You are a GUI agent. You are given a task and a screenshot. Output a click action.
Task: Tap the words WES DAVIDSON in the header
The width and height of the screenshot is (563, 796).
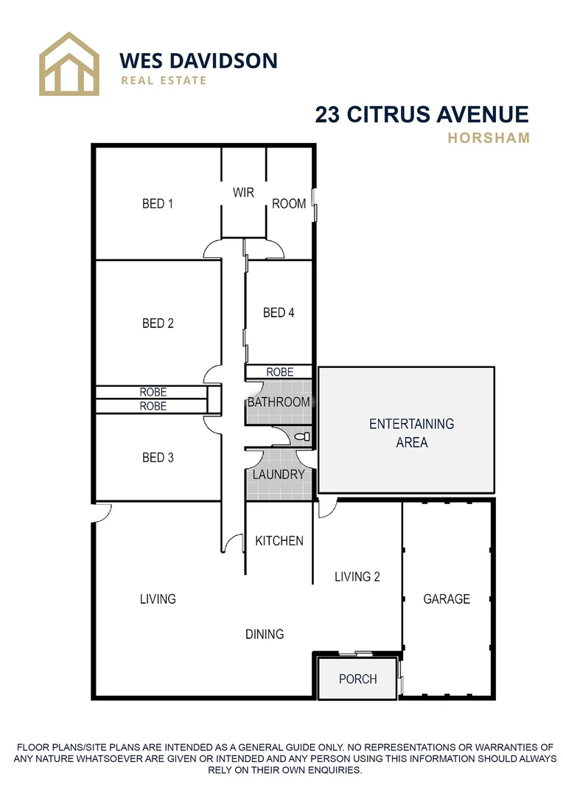point(198,60)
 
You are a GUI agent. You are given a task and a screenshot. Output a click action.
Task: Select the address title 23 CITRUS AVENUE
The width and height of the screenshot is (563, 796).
point(422,114)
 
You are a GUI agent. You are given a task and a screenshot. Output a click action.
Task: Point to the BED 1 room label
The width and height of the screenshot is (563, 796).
point(158,203)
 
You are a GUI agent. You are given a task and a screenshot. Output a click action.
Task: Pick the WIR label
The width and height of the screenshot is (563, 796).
point(243,192)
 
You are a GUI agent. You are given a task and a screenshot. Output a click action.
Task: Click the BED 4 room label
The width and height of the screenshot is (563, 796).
point(279,313)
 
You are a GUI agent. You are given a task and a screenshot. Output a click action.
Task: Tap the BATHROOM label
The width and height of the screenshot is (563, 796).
point(279,402)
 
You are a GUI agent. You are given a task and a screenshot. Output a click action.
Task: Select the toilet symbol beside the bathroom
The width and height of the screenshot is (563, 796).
point(302,437)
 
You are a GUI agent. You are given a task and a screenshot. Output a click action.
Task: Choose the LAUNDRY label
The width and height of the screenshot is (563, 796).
point(279,475)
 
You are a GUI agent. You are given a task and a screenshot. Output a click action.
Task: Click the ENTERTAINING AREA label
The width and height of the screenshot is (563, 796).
point(411,433)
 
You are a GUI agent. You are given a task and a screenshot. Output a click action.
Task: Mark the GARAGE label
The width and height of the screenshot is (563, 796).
point(447,599)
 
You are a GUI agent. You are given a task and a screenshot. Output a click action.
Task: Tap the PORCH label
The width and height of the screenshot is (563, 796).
point(358,679)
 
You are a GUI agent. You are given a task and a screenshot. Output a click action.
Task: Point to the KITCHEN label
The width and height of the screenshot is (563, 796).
point(279,541)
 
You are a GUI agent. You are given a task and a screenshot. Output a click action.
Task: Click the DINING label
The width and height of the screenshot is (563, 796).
point(265,634)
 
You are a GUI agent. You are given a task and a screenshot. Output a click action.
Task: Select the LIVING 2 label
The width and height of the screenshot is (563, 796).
point(357,576)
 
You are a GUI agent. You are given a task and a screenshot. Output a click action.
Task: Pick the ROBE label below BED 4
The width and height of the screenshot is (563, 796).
point(279,372)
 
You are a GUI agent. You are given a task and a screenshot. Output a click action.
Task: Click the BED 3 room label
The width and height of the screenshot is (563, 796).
point(158,458)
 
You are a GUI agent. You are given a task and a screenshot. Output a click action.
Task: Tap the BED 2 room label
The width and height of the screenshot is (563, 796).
point(158,323)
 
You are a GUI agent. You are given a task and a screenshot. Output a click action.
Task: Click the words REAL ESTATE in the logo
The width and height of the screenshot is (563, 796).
point(164,80)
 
